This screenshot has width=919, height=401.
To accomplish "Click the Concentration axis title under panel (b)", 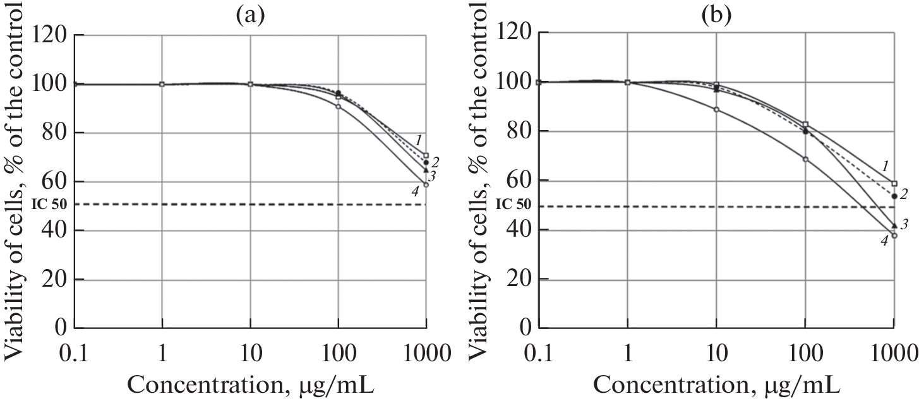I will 715,383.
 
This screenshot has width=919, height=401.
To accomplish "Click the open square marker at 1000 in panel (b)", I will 894,184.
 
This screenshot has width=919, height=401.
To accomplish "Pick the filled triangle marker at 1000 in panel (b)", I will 894,225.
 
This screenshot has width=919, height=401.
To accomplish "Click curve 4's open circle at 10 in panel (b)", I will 716,109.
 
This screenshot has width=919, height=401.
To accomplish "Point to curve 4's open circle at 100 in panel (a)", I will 338,107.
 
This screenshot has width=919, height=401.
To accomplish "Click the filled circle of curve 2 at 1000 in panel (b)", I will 894,196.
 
